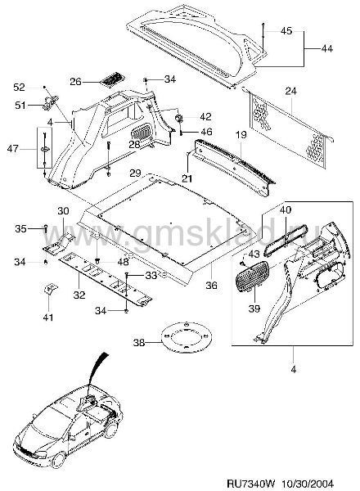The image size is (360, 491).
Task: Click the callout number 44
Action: (x=326, y=48)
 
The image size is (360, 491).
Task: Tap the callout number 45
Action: (x=286, y=31)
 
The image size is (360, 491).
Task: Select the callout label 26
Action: (x=75, y=82)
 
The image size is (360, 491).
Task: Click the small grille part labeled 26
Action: (x=111, y=79)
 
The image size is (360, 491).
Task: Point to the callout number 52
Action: (x=19, y=87)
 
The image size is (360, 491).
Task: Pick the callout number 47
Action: (x=13, y=148)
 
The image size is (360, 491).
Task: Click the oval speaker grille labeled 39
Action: (x=252, y=277)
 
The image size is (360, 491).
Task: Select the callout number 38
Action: (x=139, y=343)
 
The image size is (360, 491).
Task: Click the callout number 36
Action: (x=212, y=286)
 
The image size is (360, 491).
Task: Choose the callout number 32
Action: (x=79, y=295)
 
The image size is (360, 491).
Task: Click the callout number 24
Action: (x=290, y=91)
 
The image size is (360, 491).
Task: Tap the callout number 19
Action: (x=241, y=135)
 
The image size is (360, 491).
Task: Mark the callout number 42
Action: (x=205, y=117)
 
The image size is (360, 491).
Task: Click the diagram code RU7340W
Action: (x=246, y=484)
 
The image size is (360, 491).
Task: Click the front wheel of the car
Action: (x=59, y=459)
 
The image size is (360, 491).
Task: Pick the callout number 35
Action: (x=21, y=229)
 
